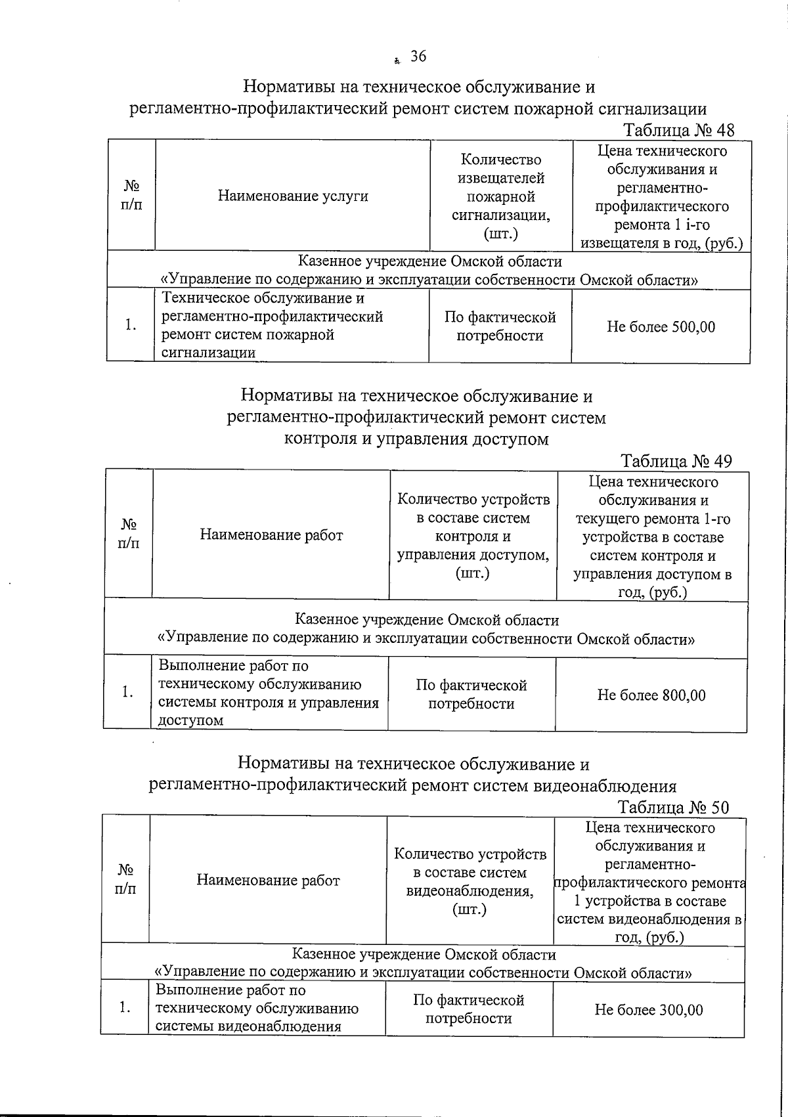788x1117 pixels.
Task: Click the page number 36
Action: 418,56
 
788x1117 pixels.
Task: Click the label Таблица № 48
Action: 678,130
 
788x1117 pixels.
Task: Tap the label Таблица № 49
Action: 676,461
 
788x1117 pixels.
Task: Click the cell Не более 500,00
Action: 661,326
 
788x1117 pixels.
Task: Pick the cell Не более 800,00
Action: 651,695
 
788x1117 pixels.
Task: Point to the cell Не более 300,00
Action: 649,1009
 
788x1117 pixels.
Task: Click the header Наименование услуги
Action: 293,196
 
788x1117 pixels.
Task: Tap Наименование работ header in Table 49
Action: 271,535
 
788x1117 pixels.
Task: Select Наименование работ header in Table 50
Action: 268,880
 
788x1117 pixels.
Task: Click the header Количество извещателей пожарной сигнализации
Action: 500,196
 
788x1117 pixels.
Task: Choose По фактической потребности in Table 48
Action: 500,326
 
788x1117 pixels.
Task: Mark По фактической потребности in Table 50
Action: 469,1009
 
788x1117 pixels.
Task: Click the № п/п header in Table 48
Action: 131,196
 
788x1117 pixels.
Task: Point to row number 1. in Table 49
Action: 127,692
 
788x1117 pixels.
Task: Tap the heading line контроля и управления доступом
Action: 416,439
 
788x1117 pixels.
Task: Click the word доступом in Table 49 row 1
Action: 191,720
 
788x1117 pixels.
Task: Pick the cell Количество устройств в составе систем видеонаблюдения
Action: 470,881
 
